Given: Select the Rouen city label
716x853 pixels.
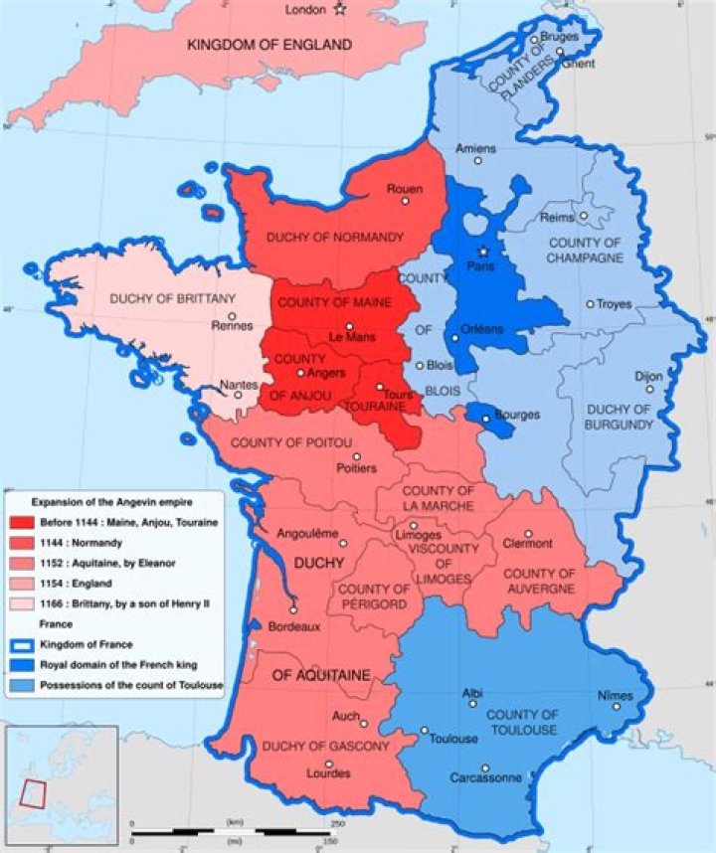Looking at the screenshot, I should (x=406, y=188).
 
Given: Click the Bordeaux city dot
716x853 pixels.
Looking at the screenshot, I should (x=293, y=610).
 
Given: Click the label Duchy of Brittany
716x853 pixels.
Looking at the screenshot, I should (x=173, y=297).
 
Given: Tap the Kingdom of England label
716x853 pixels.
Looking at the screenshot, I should (x=270, y=45).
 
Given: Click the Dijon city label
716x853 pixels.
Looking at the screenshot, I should (x=647, y=377).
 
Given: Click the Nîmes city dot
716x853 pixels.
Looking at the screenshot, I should (x=616, y=708).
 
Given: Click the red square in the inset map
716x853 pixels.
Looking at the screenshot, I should (x=34, y=792).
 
